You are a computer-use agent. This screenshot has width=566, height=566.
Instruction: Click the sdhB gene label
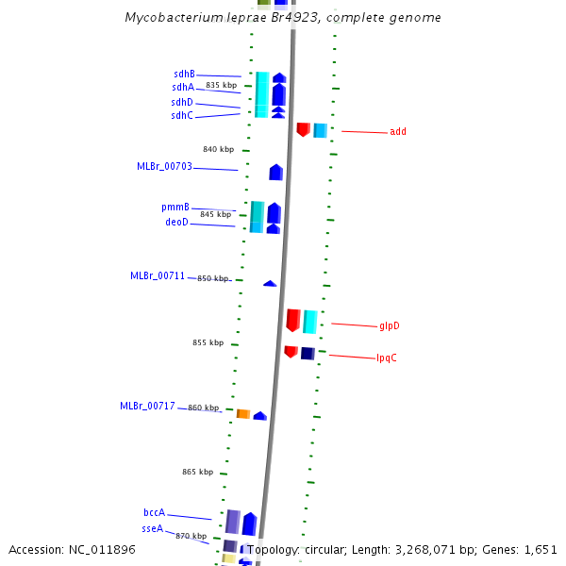[184, 74]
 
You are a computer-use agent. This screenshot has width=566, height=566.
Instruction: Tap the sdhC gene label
[182, 115]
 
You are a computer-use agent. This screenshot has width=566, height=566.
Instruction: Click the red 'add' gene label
[397, 131]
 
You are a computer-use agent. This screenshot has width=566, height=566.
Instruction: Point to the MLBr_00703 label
[164, 166]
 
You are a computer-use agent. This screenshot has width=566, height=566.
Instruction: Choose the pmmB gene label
[175, 207]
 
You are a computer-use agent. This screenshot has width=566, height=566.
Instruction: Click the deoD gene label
[177, 222]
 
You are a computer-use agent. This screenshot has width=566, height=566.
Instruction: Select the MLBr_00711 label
[158, 275]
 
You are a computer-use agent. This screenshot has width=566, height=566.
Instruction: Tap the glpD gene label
[390, 325]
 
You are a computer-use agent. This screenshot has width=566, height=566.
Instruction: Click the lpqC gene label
[387, 358]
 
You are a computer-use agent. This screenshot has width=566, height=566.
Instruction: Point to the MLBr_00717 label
[147, 406]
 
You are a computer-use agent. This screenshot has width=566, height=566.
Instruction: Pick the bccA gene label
[155, 512]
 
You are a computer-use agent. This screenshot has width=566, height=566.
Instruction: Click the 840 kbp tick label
[218, 149]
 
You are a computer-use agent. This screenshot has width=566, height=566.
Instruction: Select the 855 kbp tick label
[208, 342]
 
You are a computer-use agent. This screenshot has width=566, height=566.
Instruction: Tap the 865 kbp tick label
[197, 471]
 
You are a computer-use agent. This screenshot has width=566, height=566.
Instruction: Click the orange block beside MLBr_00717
[242, 414]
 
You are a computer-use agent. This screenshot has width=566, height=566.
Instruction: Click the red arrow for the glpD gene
[293, 320]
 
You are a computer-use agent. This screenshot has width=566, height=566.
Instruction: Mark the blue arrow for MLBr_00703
[275, 172]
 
